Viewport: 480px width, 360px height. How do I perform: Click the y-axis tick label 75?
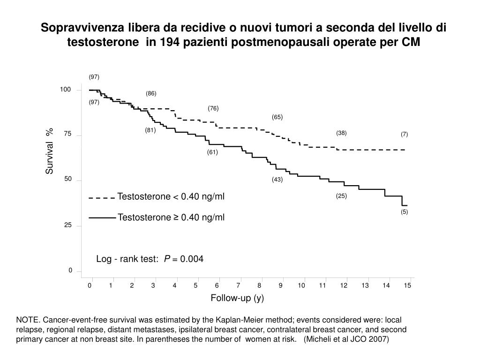click(68, 134)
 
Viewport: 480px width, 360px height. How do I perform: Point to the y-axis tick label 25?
click(68, 225)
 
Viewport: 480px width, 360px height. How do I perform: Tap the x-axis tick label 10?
click(301, 285)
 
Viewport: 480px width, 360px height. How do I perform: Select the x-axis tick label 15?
click(407, 285)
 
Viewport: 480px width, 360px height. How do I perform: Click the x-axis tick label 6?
click(217, 285)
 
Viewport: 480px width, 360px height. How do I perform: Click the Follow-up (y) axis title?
click(237, 298)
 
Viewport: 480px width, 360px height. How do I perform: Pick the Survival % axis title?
click(49, 151)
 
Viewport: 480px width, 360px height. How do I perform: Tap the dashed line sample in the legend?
click(102, 198)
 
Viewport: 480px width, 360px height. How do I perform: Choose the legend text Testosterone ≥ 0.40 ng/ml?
click(171, 217)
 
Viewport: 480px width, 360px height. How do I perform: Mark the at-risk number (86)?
click(151, 94)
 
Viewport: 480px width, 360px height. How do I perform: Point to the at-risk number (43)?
click(277, 180)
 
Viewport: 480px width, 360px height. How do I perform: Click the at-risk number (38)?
click(341, 133)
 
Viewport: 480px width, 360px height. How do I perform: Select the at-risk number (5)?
click(404, 212)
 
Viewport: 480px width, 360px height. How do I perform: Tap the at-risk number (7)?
click(404, 135)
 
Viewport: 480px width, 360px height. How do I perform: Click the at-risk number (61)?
click(213, 152)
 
